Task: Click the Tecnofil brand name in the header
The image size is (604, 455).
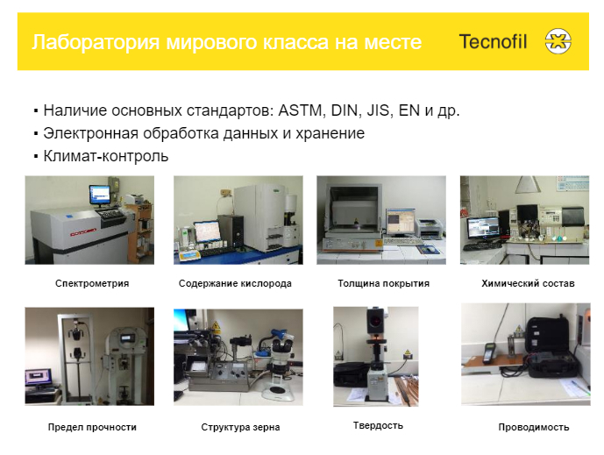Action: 493,41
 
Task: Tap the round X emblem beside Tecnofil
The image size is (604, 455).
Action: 558,41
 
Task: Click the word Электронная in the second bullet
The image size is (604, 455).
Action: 88,134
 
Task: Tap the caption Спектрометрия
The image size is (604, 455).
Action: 92,284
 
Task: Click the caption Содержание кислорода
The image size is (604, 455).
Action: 235,284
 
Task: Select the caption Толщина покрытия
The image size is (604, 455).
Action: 383,284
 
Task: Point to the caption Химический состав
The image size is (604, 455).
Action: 528,284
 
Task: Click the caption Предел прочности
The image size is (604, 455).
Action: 92,428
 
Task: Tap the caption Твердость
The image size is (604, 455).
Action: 378,425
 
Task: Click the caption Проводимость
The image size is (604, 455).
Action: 533,428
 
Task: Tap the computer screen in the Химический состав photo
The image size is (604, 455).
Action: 482,227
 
